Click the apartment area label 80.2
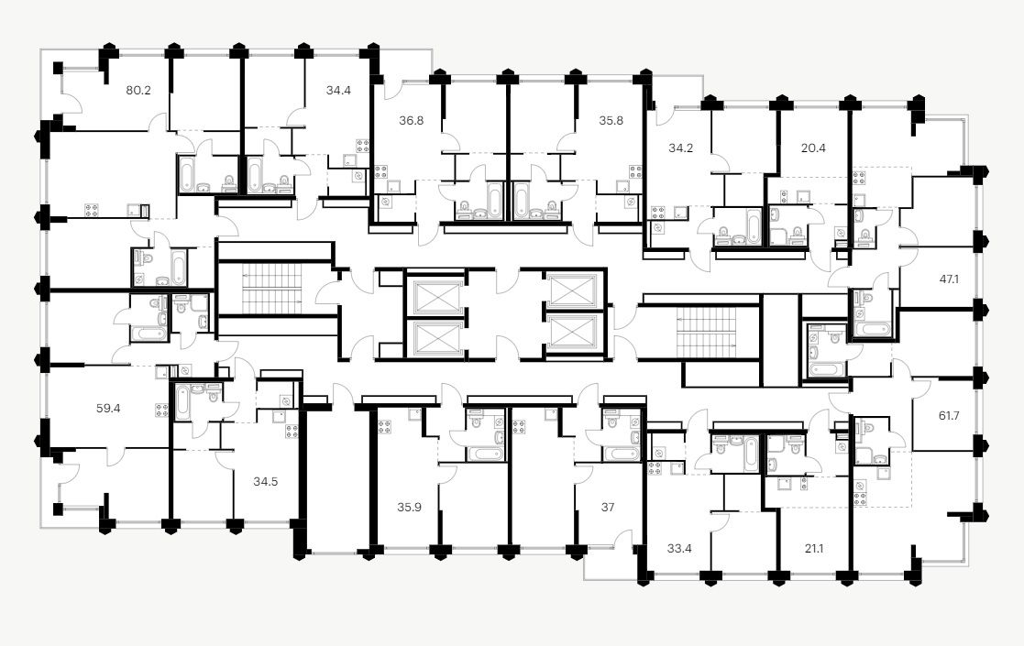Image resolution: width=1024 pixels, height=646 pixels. coord(138,91)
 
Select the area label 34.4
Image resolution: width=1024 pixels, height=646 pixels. coord(338,91)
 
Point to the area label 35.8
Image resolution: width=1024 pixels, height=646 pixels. coord(611,119)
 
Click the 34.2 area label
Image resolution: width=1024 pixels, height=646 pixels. coord(680,147)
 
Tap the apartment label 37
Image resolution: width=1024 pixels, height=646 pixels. coord(608,507)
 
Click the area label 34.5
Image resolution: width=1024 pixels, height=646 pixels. coord(267,476)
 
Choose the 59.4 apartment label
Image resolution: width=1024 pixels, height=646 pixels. coord(108,408)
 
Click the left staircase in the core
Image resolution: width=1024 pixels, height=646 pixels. coord(273,287)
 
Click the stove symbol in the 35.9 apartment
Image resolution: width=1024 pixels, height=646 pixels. coord(384,425)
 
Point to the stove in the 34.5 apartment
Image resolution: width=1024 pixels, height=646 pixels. coord(292,432)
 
